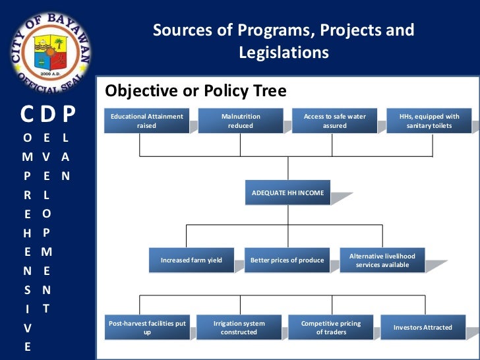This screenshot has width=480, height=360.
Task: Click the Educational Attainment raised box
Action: [x=146, y=121]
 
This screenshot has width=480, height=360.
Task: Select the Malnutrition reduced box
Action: [x=241, y=121]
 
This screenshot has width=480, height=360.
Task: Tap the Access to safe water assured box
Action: [x=334, y=121]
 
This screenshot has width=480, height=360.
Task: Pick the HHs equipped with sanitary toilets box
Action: [x=429, y=121]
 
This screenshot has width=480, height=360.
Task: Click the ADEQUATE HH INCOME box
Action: [x=288, y=193]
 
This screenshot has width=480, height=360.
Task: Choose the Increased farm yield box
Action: [x=191, y=260]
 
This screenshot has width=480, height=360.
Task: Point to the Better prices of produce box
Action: [x=287, y=260]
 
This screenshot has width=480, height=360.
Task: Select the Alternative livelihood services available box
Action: [x=382, y=260]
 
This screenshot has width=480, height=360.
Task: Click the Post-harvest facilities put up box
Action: [x=147, y=328]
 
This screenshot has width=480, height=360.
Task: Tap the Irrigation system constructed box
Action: [x=239, y=328]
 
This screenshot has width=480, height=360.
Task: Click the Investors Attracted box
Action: [x=423, y=328]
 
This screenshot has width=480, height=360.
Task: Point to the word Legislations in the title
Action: [x=284, y=52]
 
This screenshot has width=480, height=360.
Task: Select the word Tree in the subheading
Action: [x=267, y=91]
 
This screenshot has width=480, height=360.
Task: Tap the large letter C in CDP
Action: [x=28, y=115]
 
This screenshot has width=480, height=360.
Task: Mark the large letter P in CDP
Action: [x=69, y=115]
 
